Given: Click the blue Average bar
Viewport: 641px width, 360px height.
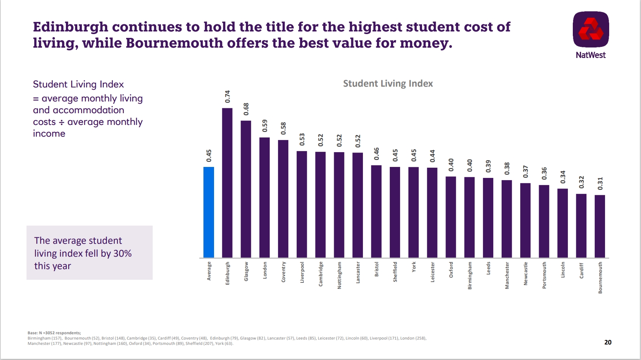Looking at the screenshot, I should click(209, 212).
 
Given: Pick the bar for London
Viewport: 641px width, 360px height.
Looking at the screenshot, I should click(264, 197).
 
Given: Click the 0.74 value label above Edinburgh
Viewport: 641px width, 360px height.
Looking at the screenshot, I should click(227, 97).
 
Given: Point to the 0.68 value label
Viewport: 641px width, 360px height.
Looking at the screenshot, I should click(246, 109).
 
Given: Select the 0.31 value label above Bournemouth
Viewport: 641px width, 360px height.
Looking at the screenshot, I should click(600, 184).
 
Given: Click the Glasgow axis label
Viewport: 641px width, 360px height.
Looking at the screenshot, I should click(246, 271).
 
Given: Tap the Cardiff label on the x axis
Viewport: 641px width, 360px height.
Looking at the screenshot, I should click(582, 271).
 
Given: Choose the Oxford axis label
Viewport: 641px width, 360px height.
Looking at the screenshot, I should click(451, 270).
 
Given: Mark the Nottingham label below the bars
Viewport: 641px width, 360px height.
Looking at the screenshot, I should click(339, 275).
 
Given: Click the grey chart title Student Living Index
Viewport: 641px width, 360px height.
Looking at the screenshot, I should click(388, 84).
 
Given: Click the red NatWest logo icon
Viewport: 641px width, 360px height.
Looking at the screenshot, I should click(591, 30).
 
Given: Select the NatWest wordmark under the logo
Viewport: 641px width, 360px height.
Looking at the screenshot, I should click(591, 55).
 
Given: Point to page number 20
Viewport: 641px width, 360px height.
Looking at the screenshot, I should click(608, 342).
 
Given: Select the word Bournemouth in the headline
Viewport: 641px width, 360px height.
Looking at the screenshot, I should click(174, 43).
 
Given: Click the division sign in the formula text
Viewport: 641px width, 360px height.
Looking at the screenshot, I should click(61, 122).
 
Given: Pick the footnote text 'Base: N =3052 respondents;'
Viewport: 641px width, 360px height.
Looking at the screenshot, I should click(54, 333).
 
